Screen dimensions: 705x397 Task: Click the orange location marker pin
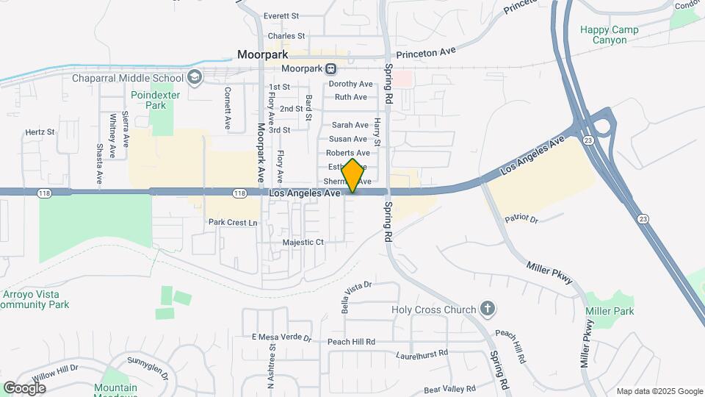pyautogui.click(x=352, y=176)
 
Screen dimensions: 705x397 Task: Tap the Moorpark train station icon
pyautogui.click(x=331, y=69)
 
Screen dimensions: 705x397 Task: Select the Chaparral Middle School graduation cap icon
pyautogui.click(x=195, y=77)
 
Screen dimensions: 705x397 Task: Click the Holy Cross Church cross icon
pyautogui.click(x=487, y=310)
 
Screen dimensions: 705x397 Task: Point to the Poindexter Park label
pyautogui.click(x=148, y=100)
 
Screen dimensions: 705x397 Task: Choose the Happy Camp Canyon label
pyautogui.click(x=609, y=35)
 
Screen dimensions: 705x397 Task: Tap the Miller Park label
pyautogui.click(x=609, y=312)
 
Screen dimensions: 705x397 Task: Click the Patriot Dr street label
pyautogui.click(x=522, y=219)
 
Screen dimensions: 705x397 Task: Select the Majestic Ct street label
pyautogui.click(x=303, y=242)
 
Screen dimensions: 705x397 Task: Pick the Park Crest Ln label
pyautogui.click(x=233, y=222)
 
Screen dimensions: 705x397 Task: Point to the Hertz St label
pyautogui.click(x=40, y=132)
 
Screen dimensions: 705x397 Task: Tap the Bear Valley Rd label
pyautogui.click(x=449, y=388)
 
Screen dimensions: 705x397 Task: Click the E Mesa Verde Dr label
pyautogui.click(x=282, y=337)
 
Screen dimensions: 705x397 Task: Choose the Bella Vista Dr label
pyautogui.click(x=359, y=296)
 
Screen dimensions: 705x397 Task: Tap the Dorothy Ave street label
pyautogui.click(x=350, y=84)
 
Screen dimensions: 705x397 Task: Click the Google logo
pyautogui.click(x=24, y=387)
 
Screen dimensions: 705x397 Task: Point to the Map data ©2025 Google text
pyautogui.click(x=659, y=391)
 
